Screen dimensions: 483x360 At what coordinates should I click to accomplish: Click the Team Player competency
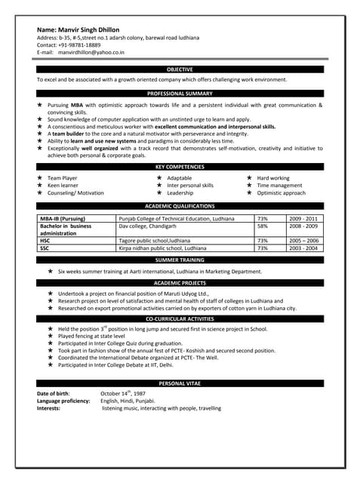click(x=63, y=178)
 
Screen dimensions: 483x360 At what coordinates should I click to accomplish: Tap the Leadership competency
click(x=180, y=193)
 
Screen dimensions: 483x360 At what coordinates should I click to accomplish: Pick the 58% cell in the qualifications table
click(x=263, y=226)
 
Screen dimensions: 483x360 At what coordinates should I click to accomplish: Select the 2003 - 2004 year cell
click(x=303, y=248)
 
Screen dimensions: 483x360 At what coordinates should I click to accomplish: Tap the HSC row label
click(x=45, y=241)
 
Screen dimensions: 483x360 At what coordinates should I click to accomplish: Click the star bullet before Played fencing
click(x=50, y=337)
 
